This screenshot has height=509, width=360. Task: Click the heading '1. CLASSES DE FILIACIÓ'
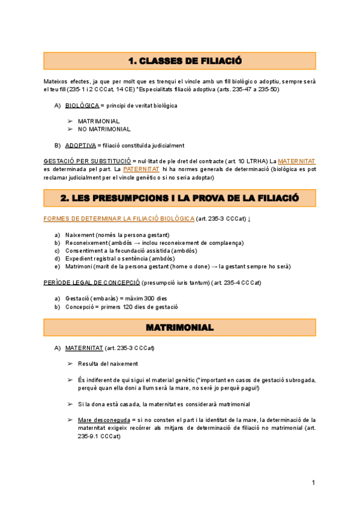tap(179, 61)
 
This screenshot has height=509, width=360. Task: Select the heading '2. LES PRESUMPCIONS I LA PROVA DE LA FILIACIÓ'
tap(179, 198)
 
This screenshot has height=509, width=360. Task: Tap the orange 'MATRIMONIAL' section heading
tap(179, 328)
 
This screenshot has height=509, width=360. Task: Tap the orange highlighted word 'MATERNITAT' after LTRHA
tap(296, 161)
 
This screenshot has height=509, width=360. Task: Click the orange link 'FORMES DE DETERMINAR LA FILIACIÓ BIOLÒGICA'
tap(119, 218)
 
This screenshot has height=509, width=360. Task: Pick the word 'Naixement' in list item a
tap(80, 235)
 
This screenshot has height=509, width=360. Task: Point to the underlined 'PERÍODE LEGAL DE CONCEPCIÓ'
tap(92, 282)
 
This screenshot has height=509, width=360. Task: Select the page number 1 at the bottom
tap(313, 483)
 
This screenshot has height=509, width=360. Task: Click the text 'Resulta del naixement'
tap(107, 364)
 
